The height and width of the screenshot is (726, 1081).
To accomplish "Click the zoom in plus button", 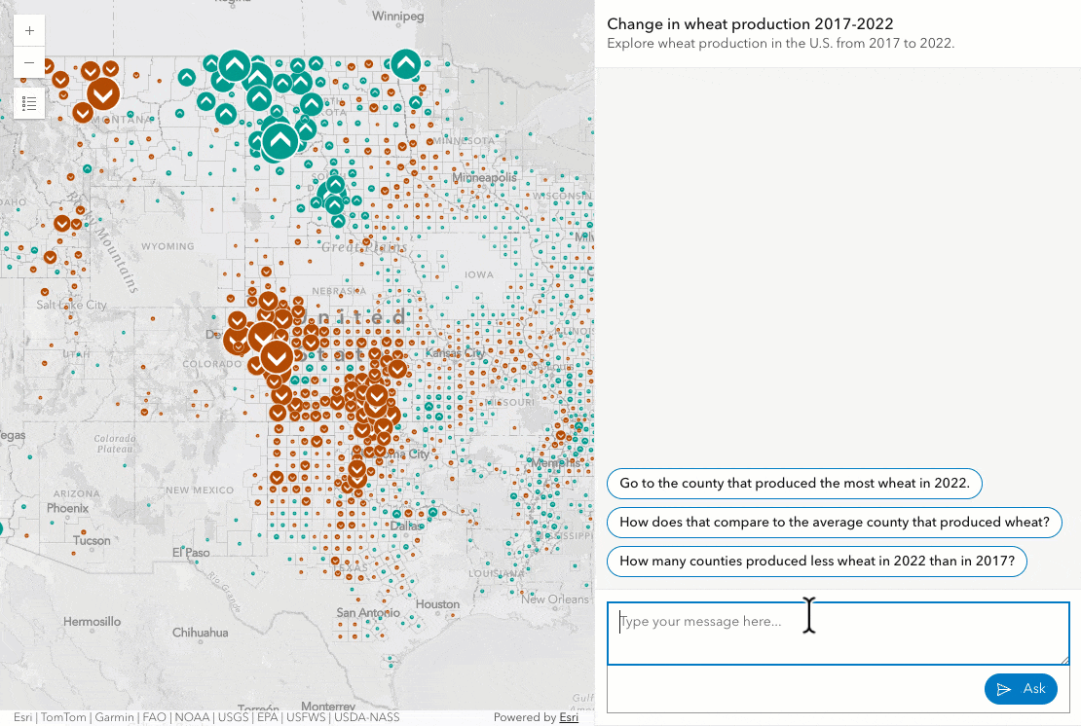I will (29, 31).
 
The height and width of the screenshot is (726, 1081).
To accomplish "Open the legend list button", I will (29, 103).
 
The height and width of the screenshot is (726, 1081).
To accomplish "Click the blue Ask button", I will (1021, 689).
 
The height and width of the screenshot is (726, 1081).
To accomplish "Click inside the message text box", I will (838, 634).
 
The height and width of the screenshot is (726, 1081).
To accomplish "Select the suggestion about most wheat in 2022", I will (794, 483).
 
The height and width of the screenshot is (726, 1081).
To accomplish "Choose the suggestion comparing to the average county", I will (834, 523).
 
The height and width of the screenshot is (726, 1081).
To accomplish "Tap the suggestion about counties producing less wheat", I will (816, 562).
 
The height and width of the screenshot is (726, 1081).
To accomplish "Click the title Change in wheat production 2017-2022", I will (750, 23).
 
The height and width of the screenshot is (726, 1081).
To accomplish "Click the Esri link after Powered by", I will (570, 718).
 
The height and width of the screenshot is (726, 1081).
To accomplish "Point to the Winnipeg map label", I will (398, 17).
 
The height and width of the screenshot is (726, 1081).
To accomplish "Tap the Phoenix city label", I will (68, 508).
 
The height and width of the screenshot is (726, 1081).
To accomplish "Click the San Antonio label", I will (368, 613).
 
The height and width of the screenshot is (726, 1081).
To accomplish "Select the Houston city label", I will (436, 604).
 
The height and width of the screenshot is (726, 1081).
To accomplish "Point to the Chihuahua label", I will (200, 633).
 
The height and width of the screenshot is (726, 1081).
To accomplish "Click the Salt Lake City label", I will (71, 305).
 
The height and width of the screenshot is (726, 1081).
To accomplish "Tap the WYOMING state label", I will (168, 247).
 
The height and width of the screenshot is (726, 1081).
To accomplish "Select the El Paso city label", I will (192, 553).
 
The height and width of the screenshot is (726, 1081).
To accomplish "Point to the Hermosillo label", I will (93, 621).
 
